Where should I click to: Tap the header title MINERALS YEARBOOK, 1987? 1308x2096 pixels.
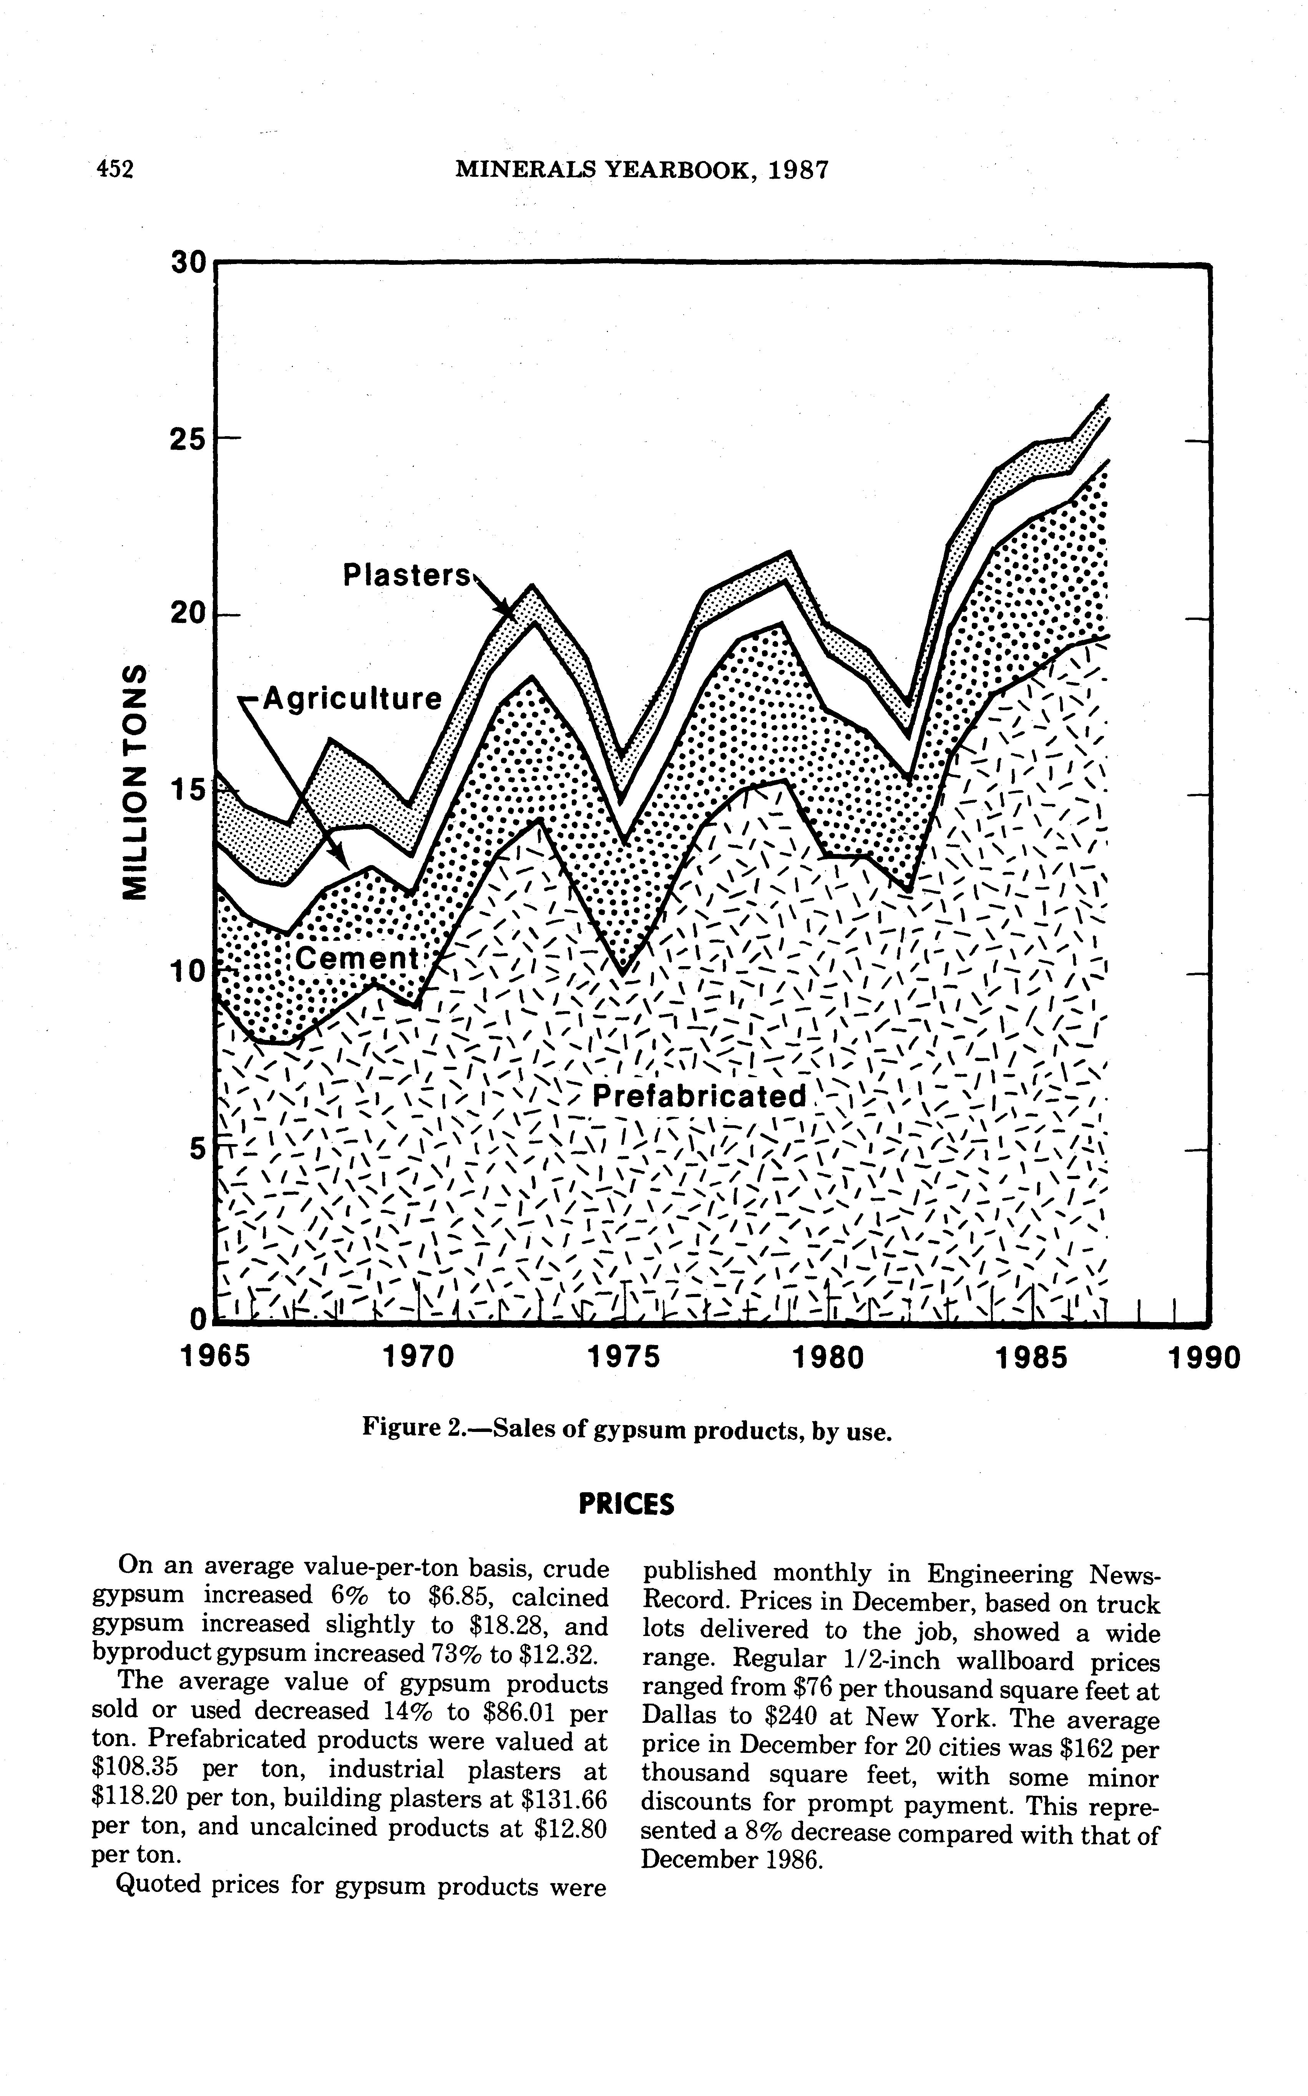pyautogui.click(x=641, y=170)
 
